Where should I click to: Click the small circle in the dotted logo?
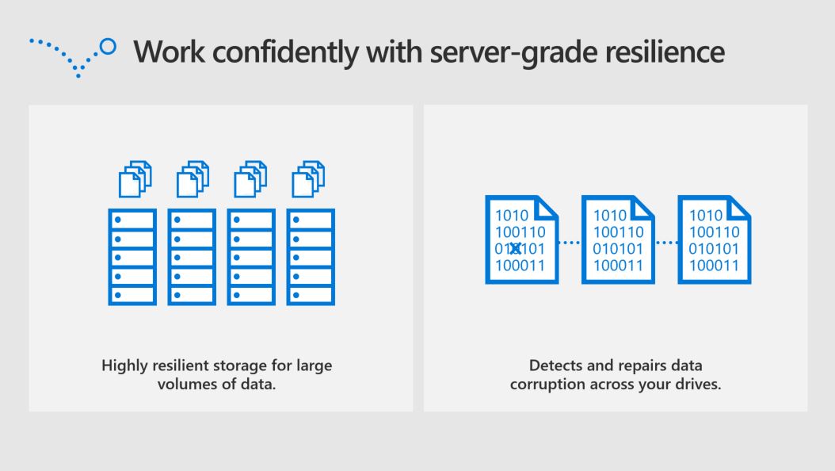pos(109,47)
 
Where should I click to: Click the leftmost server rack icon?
pos(132,257)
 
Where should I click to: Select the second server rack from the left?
pos(192,257)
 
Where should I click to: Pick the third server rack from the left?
pos(251,257)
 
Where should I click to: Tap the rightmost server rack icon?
pos(311,257)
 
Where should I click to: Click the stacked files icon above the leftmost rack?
pos(134,179)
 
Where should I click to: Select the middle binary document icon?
pos(618,239)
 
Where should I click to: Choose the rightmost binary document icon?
pos(715,239)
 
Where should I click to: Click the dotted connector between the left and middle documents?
pos(570,243)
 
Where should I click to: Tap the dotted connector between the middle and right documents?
pos(666,243)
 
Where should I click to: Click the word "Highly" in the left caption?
pos(122,366)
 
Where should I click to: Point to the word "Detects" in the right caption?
pos(553,366)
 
